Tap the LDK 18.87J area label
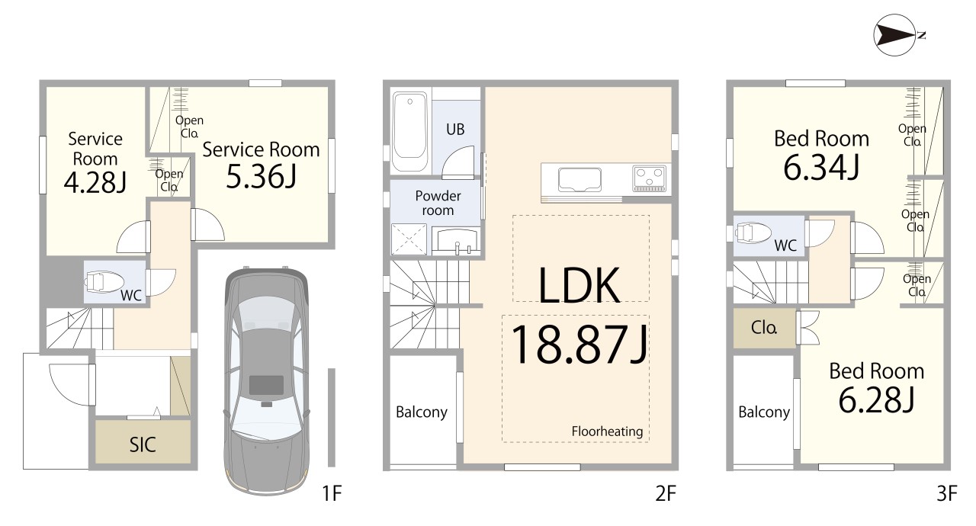point(579,315)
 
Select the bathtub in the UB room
point(409,131)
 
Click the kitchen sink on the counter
point(579,180)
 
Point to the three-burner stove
point(649,178)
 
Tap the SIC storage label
point(143,444)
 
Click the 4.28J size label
point(95,182)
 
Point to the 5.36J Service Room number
point(261,176)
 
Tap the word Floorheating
point(607,431)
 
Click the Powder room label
point(438,203)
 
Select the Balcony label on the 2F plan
point(422,412)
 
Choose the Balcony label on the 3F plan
point(764,412)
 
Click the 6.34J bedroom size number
point(821,168)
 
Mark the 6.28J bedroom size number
point(876,400)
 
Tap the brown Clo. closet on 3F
point(764,328)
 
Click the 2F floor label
point(666,494)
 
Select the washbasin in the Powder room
point(457,241)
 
